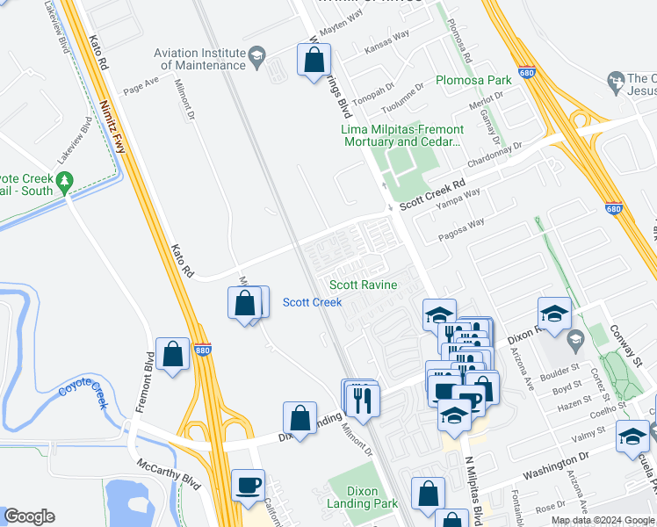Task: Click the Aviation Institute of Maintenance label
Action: [x=199, y=59]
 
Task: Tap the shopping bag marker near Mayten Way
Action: [x=314, y=61]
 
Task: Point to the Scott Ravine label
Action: [x=363, y=285]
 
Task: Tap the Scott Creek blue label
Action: [x=312, y=302]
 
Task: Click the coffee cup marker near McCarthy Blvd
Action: [x=248, y=485]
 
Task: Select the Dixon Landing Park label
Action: [x=365, y=497]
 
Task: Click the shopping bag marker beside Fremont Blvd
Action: [x=173, y=355]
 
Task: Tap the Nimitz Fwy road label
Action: [x=112, y=125]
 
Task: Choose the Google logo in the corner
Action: [x=29, y=516]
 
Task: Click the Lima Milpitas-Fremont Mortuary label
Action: [x=401, y=135]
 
